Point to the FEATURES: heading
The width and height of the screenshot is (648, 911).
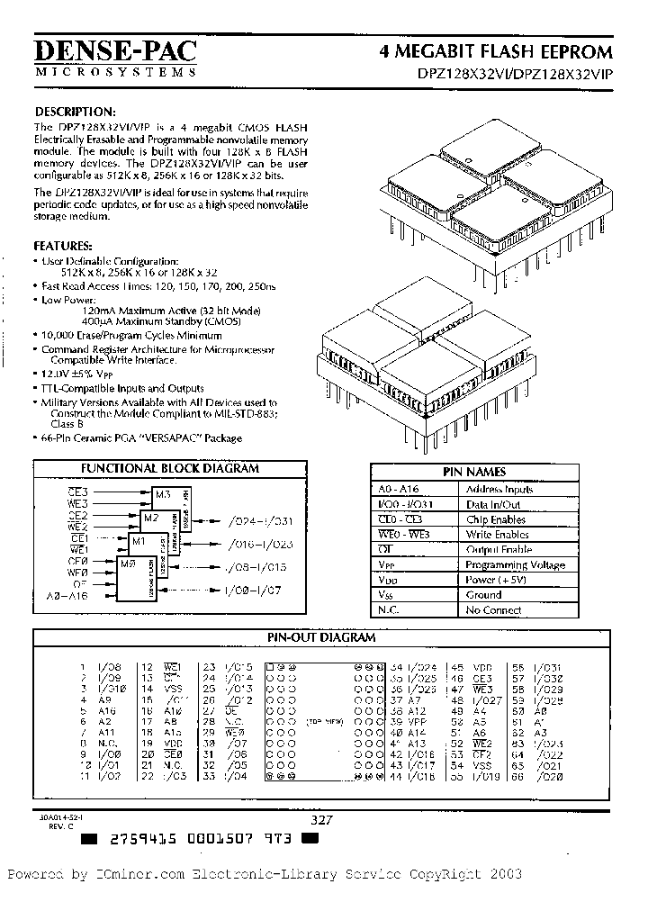pos(63,245)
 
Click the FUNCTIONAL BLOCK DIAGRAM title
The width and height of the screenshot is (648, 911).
pos(170,468)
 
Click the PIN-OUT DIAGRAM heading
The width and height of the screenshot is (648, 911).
pos(321,637)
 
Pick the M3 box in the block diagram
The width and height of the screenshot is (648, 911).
pos(163,494)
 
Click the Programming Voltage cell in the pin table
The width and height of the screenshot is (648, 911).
pos(515,564)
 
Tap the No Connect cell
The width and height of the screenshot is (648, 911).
pos(493,610)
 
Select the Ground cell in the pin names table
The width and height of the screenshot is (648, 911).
pos(484,595)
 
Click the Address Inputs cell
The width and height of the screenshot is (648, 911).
pos(499,489)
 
